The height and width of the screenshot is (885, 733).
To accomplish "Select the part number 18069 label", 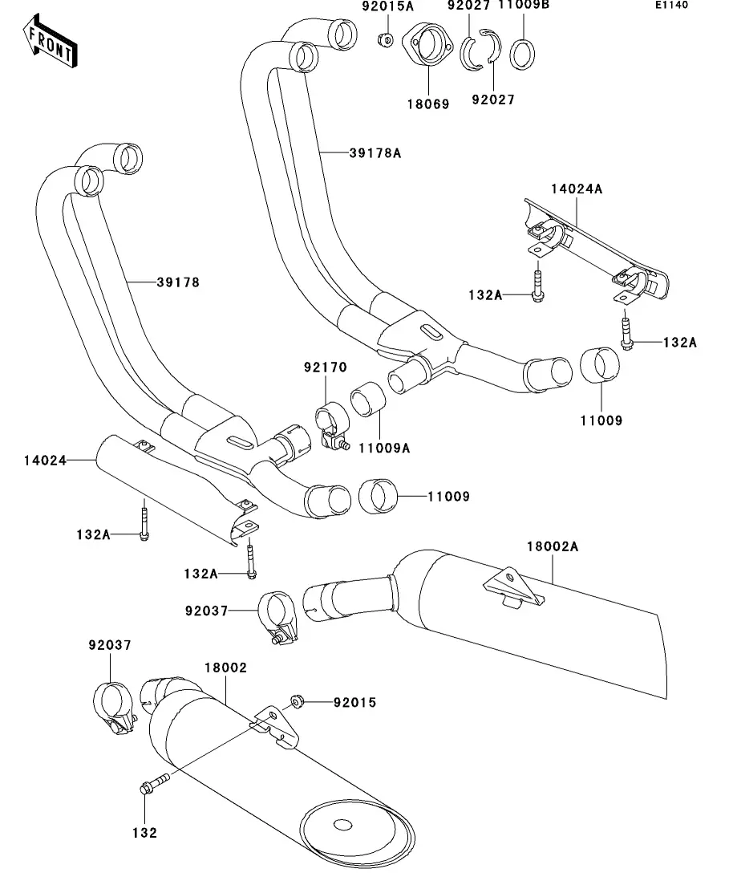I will [427, 104].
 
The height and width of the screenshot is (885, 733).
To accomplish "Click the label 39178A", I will [375, 152].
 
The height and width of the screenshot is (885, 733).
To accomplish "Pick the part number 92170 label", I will [325, 367].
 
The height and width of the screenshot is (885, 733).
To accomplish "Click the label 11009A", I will [385, 448].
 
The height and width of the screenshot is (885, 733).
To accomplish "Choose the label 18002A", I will [552, 546].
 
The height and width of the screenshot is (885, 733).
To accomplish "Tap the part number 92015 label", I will [354, 703].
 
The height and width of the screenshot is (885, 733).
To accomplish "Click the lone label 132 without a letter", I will [145, 834].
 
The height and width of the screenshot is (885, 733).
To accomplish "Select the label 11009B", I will [524, 6].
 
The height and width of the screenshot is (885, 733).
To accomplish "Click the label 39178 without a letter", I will [178, 282].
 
